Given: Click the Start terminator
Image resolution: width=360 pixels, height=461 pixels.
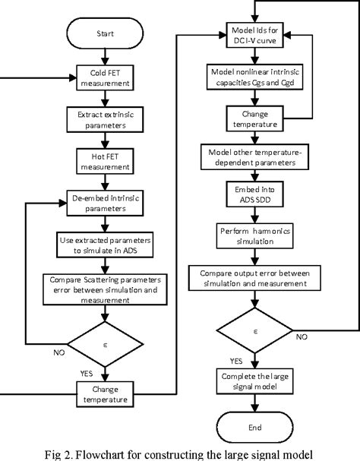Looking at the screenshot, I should click(106, 33).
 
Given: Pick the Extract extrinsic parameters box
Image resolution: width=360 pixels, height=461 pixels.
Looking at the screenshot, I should click(106, 120).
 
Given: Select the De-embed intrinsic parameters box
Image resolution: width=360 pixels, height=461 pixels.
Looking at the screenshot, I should click(106, 202).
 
